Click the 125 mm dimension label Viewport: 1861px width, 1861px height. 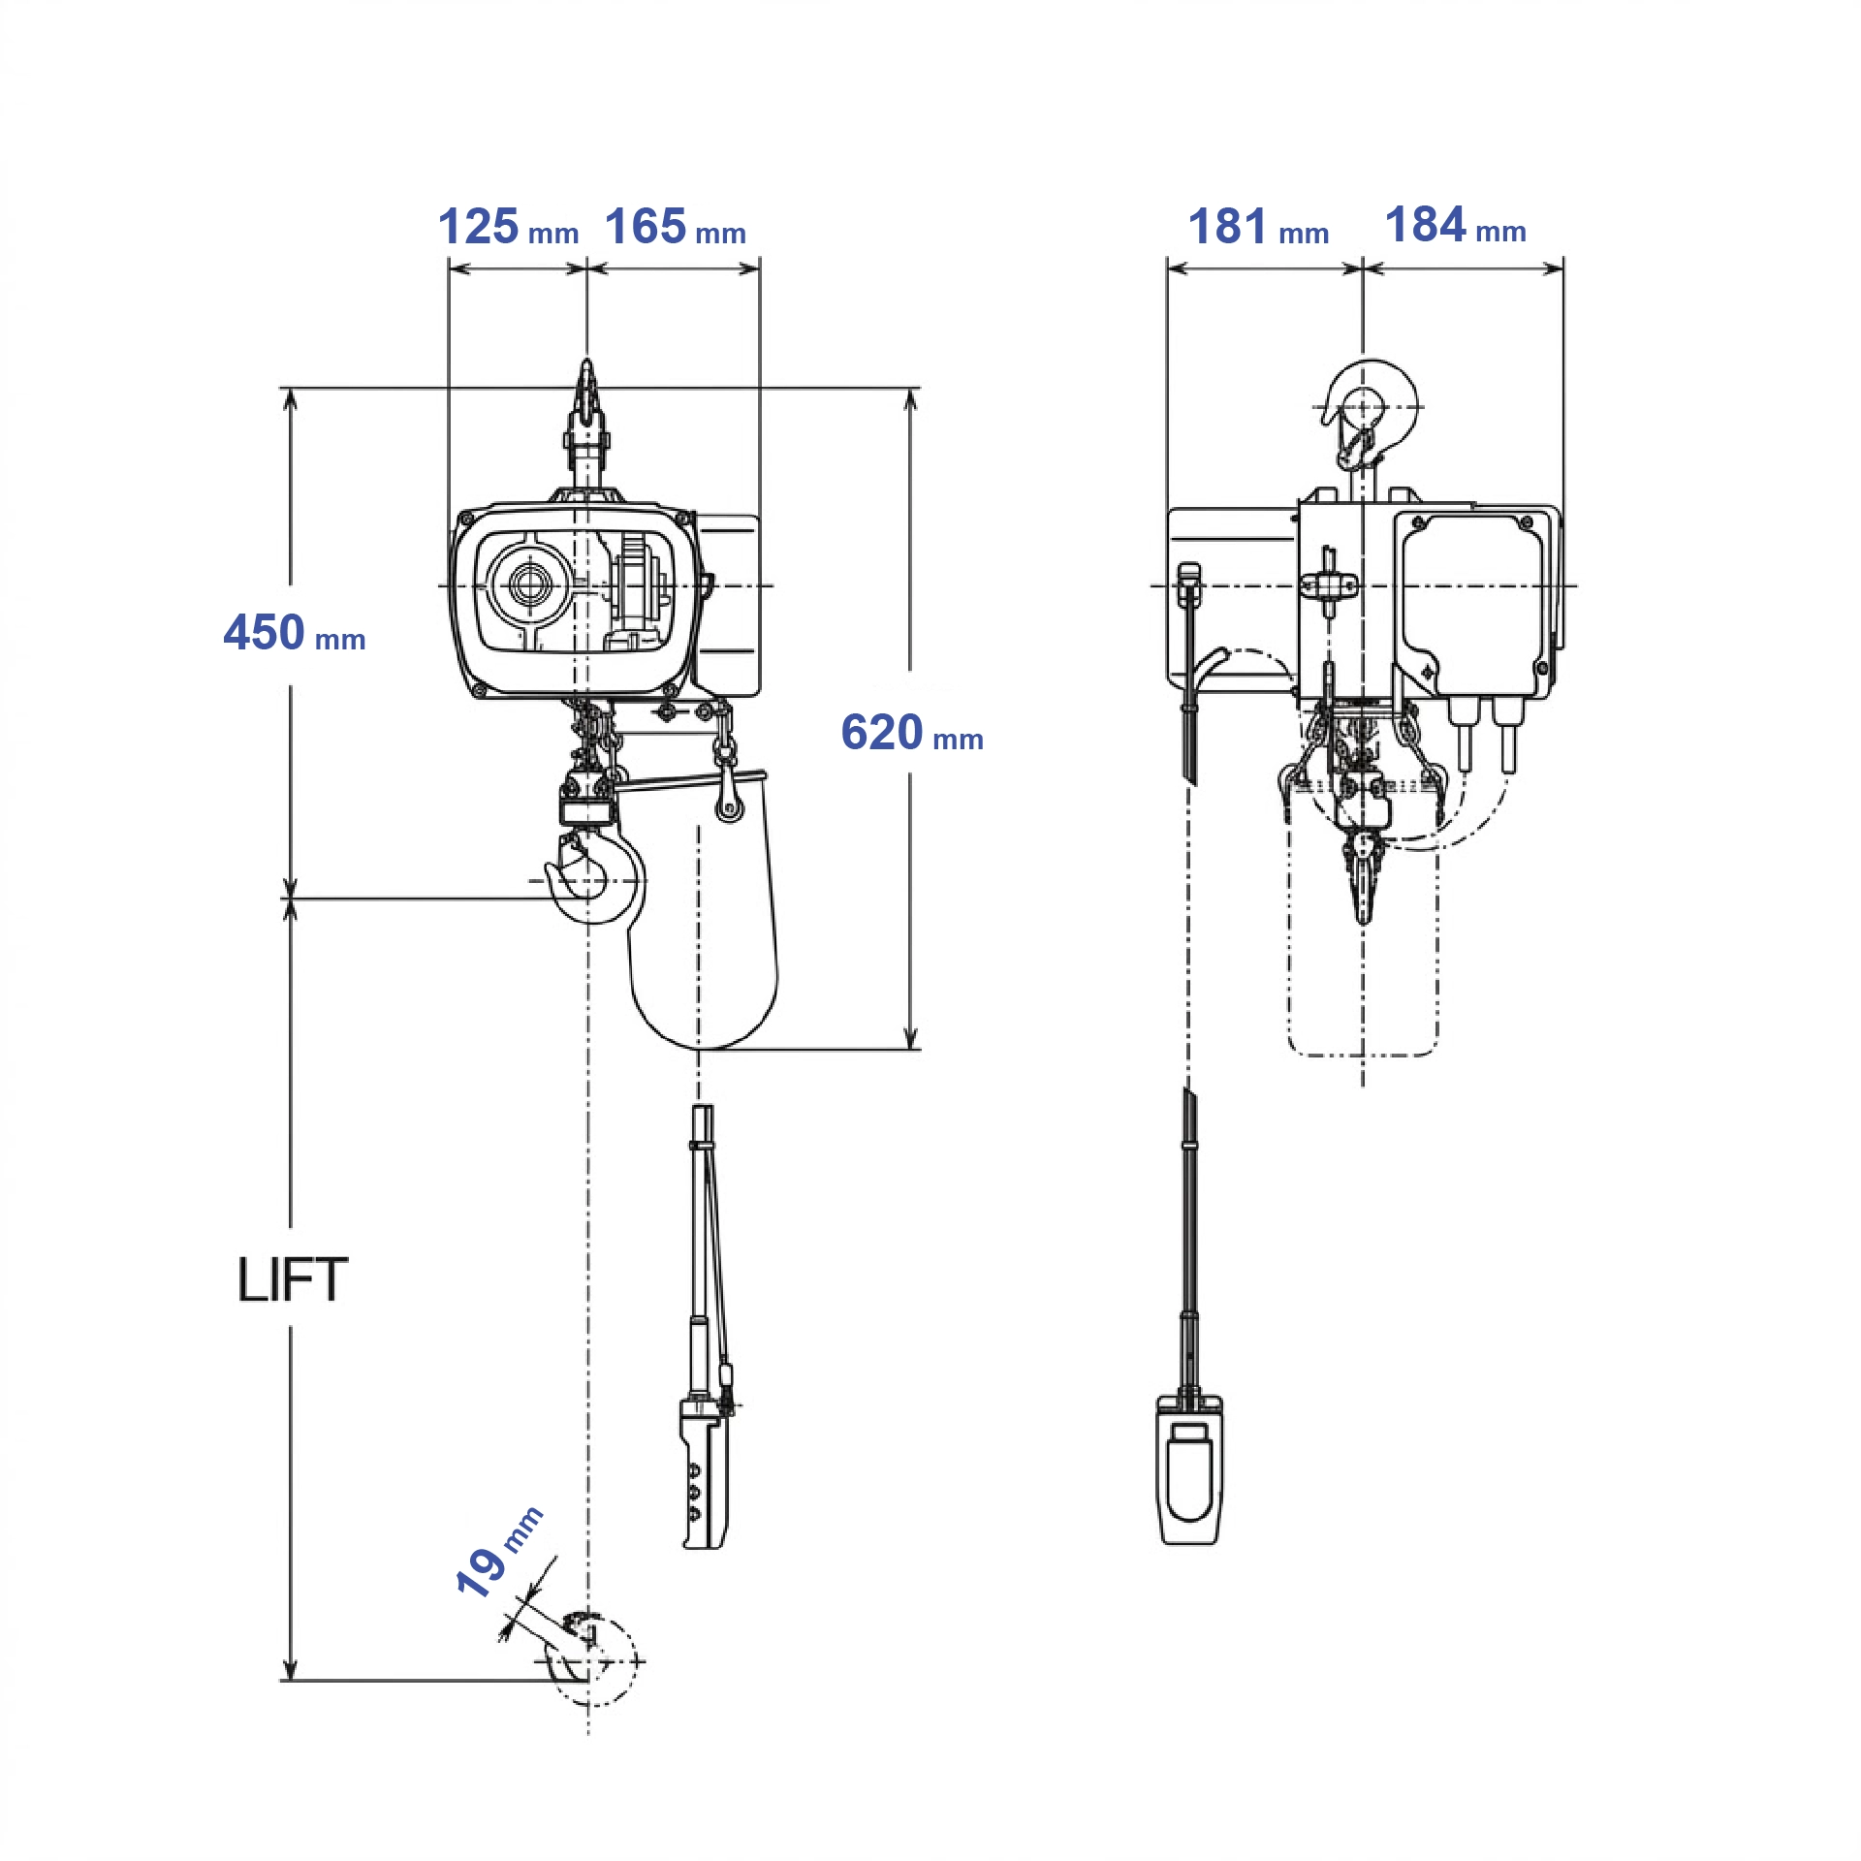[508, 228]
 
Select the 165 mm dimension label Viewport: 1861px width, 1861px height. [676, 228]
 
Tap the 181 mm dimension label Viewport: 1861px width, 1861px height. [1258, 228]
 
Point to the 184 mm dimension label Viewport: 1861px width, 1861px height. [1455, 226]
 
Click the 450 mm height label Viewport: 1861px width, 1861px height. [294, 634]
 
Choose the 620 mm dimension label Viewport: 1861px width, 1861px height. [911, 733]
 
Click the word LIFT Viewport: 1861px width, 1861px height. [293, 1279]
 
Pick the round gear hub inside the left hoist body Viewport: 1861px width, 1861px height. [529, 584]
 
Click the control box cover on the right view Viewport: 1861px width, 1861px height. [1471, 601]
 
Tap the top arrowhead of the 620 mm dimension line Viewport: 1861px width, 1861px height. [910, 397]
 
